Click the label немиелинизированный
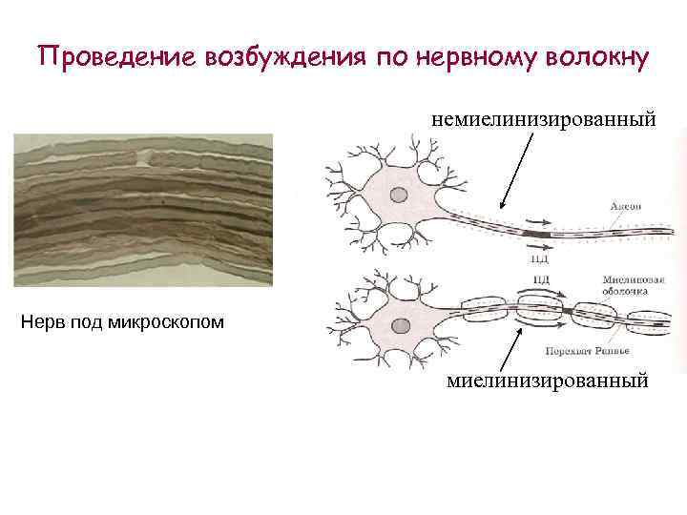click(x=544, y=120)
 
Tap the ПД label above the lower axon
click(x=541, y=279)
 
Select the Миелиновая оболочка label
click(x=625, y=285)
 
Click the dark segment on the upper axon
click(x=536, y=233)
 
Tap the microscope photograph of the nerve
click(x=143, y=210)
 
